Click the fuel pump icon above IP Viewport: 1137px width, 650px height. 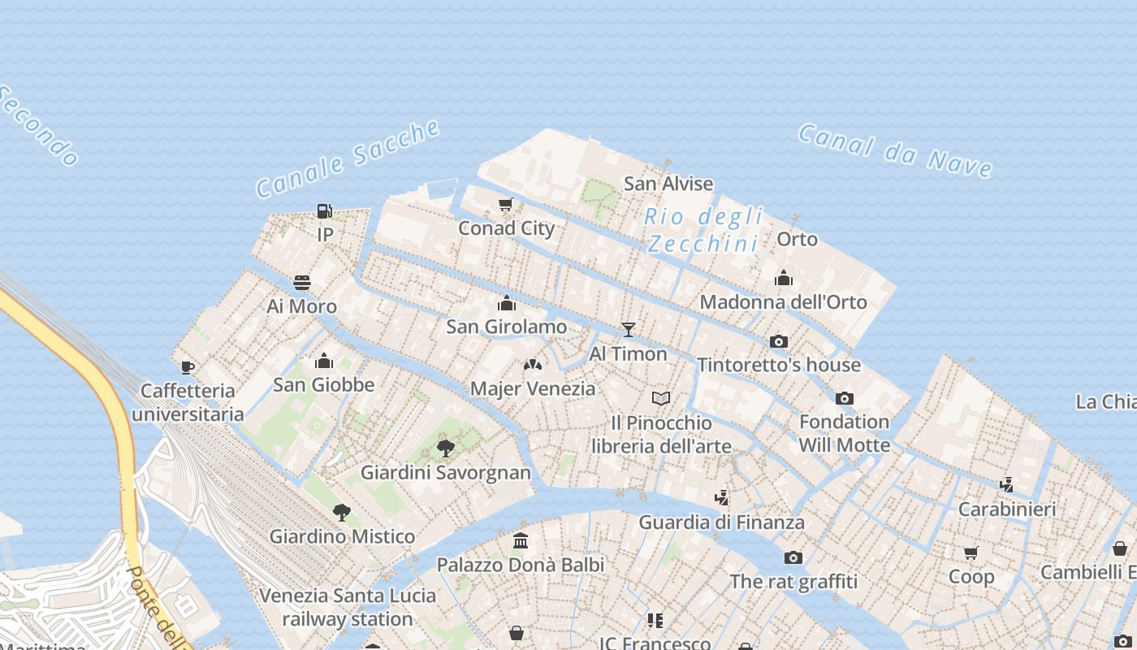324,211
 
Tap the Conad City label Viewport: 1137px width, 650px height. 506,228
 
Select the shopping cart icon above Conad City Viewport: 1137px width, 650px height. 506,204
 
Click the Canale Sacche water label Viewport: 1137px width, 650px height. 348,158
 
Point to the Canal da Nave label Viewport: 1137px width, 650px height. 895,150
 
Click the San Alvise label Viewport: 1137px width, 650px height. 668,184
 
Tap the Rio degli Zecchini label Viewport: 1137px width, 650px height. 704,230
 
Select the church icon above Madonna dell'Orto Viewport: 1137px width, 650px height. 784,279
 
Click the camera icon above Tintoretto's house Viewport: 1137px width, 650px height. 779,341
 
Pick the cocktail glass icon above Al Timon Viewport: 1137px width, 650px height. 628,330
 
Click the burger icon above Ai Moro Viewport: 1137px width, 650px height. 302,283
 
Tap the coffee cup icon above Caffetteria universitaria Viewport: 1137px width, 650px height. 188,367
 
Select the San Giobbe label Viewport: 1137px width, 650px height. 323,384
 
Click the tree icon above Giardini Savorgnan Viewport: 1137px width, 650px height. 445,448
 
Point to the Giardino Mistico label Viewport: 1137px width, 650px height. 342,536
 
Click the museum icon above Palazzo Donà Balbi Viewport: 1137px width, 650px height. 521,540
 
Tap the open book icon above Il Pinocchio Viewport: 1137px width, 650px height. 661,398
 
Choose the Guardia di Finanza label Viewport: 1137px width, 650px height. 721,522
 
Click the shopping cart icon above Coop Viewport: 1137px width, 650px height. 971,553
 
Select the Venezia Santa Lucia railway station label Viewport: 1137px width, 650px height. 348,607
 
